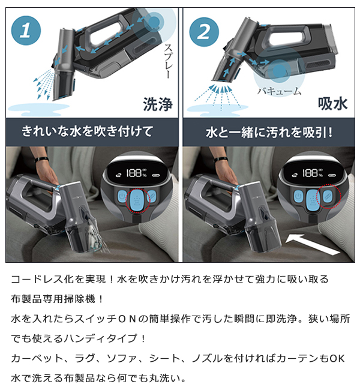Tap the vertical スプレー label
point(167,61)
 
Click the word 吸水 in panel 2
point(332,104)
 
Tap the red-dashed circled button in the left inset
point(137,199)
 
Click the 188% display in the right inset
point(313,173)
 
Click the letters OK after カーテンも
point(338,358)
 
